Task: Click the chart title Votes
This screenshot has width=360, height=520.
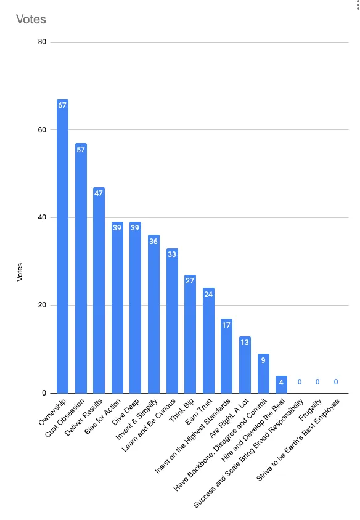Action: tap(31, 19)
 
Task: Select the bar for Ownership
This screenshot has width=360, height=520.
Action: tap(62, 246)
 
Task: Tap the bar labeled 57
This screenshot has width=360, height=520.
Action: tap(81, 268)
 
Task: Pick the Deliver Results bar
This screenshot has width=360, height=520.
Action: tap(99, 290)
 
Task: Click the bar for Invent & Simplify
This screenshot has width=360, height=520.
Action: tap(153, 314)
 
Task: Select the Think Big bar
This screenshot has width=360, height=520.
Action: tap(190, 334)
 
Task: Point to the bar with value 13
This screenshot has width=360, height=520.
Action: tap(245, 365)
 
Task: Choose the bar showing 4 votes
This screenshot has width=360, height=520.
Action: tap(281, 384)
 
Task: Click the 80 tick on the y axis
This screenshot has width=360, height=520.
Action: tap(42, 42)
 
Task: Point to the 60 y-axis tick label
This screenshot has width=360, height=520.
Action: tap(42, 129)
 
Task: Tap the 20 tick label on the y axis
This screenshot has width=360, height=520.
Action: tap(42, 305)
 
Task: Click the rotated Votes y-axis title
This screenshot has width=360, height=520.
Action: tap(19, 272)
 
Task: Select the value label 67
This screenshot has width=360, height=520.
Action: tap(62, 105)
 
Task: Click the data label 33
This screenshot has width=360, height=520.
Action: tap(172, 254)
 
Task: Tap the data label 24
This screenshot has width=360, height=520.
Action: tap(208, 294)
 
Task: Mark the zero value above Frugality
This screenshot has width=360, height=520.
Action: tap(317, 382)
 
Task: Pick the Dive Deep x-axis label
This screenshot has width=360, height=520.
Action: tap(125, 413)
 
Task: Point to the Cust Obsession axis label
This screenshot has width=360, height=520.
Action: tap(64, 418)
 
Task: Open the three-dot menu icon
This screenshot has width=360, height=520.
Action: tap(358, 5)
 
